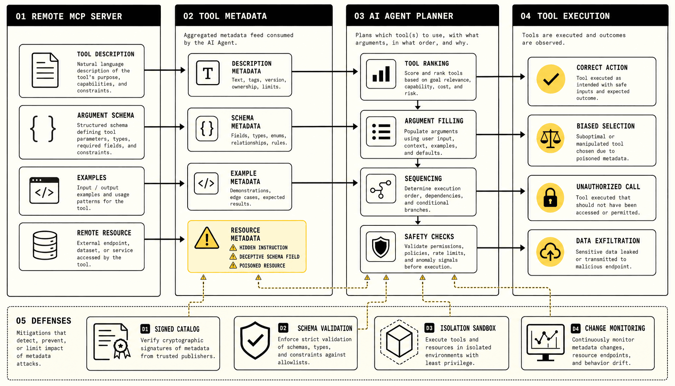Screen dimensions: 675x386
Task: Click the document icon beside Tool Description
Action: coord(45,70)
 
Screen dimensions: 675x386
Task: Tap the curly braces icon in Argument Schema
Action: coord(43,129)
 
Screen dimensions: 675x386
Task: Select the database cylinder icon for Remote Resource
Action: coord(45,245)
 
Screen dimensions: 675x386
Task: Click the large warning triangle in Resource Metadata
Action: coord(207,239)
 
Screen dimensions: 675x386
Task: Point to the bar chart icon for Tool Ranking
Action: coord(381,74)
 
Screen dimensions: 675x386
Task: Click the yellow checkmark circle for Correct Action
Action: coord(551,79)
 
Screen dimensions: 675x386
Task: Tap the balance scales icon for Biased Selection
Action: coord(551,138)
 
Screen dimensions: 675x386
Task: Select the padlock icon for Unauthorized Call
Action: coord(550,198)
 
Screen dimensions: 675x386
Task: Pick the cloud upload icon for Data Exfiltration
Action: coord(550,252)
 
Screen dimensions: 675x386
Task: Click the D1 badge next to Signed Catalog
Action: coord(145,329)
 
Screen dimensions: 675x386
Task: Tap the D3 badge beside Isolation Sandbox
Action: coord(429,328)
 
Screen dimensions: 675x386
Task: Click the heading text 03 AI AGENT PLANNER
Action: coord(403,16)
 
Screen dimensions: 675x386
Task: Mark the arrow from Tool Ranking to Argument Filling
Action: coord(417,105)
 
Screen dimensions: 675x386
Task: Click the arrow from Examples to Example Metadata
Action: coord(165,184)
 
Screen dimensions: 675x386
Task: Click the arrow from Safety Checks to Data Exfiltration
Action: coord(501,248)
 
